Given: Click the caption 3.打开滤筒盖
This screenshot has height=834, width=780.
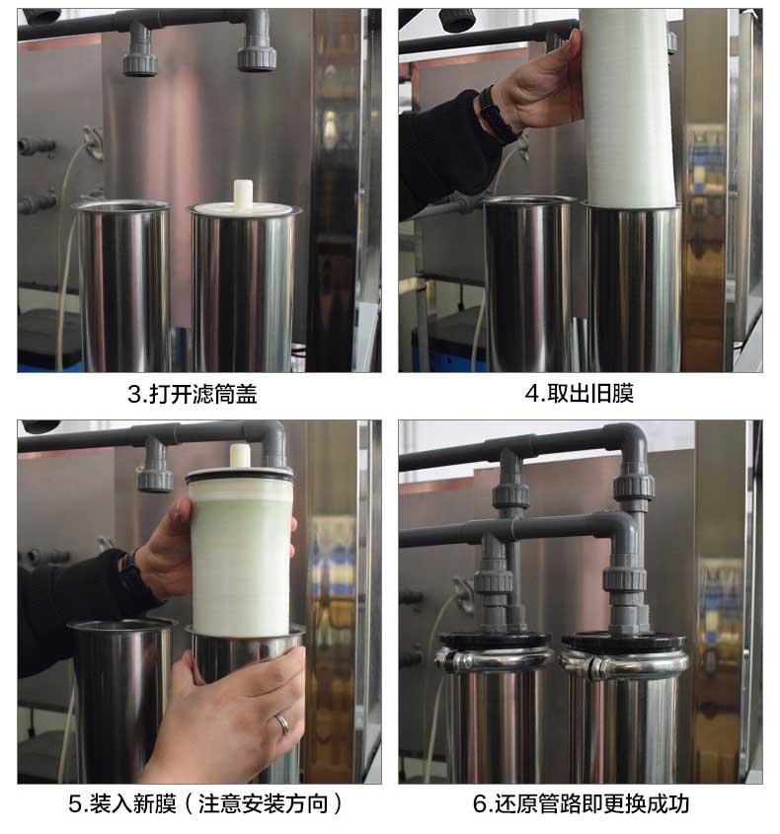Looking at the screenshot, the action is point(193,394).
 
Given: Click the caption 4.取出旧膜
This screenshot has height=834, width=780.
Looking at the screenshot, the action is point(579,394).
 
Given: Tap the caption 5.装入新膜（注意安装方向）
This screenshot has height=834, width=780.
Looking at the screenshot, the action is point(205,803).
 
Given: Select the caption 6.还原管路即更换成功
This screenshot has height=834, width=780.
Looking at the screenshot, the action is point(581,803).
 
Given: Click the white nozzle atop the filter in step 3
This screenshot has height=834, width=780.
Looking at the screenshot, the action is point(243,193).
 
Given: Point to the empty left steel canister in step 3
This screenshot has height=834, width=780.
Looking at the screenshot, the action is point(124,284).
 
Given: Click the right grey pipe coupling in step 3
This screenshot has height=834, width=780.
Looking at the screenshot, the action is point(257,52).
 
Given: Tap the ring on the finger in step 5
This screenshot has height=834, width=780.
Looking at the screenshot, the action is point(282,723).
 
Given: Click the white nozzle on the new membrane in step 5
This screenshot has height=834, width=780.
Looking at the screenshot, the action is point(240,457).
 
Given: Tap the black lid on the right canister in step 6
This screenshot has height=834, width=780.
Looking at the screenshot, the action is point(626,641).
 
